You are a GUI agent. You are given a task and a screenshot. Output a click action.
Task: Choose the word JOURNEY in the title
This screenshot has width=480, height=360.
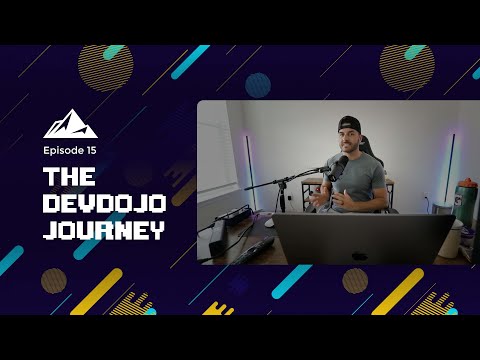point(103,230)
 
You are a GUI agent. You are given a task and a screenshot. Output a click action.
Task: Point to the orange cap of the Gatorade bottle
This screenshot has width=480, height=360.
point(465,183)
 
